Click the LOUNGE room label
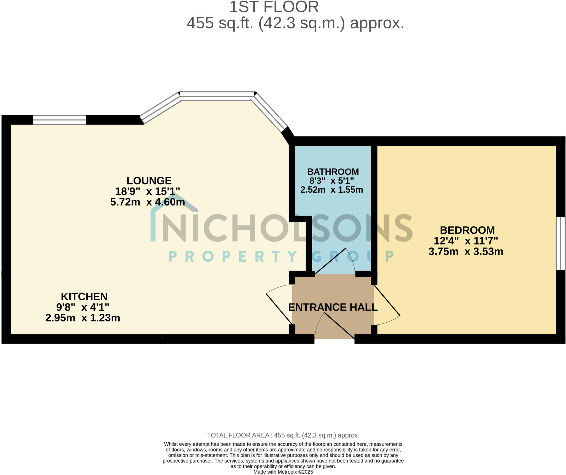149,181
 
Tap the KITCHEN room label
84,297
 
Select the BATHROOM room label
333,172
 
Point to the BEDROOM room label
467,230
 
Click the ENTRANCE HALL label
333,307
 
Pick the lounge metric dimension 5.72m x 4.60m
148,202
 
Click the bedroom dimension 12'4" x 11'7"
466,241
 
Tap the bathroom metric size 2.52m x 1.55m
332,190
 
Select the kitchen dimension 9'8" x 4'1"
83,307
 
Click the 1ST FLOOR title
274,7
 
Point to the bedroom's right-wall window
560,243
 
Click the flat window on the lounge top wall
60,120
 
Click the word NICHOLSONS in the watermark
287,228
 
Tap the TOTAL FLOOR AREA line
283,436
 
